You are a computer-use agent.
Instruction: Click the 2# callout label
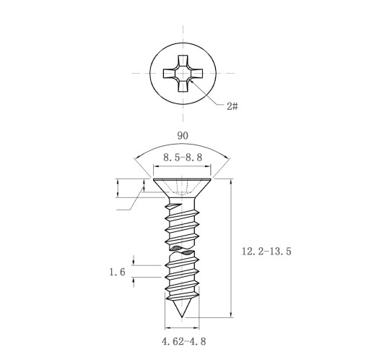click(232, 106)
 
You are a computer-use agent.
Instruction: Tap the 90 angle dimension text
click(183, 136)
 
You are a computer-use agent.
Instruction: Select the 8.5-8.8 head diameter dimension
click(183, 158)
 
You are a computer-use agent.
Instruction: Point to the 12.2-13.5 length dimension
click(266, 252)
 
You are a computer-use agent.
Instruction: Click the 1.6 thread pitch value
click(117, 273)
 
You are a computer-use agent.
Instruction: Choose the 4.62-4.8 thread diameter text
click(183, 341)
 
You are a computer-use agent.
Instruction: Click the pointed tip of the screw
click(182, 317)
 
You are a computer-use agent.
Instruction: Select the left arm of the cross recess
click(169, 74)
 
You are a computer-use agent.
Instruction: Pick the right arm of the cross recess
click(197, 74)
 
